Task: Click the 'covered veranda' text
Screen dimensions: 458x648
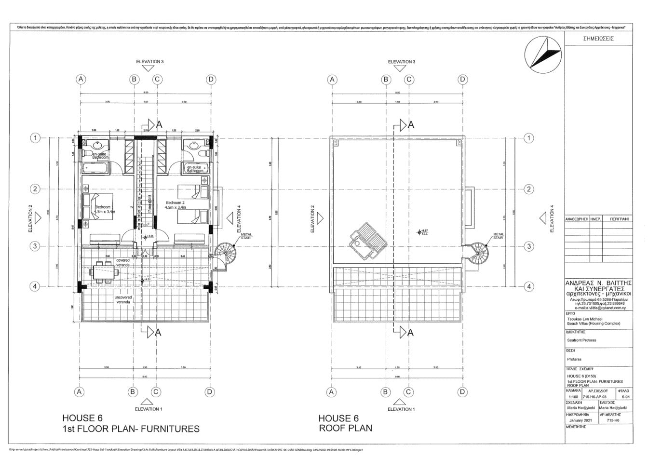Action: click(123, 263)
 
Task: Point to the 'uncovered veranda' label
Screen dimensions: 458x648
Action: click(124, 300)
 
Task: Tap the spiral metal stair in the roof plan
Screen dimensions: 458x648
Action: click(478, 253)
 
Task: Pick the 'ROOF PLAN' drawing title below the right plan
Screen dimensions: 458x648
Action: click(345, 428)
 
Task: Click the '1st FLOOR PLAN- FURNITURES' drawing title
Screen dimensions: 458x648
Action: click(131, 429)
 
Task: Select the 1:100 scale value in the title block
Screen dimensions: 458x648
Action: click(573, 397)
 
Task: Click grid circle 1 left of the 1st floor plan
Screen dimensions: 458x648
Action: click(35, 138)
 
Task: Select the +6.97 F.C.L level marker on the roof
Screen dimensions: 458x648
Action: click(423, 232)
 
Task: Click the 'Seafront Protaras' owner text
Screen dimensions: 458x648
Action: click(581, 340)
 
